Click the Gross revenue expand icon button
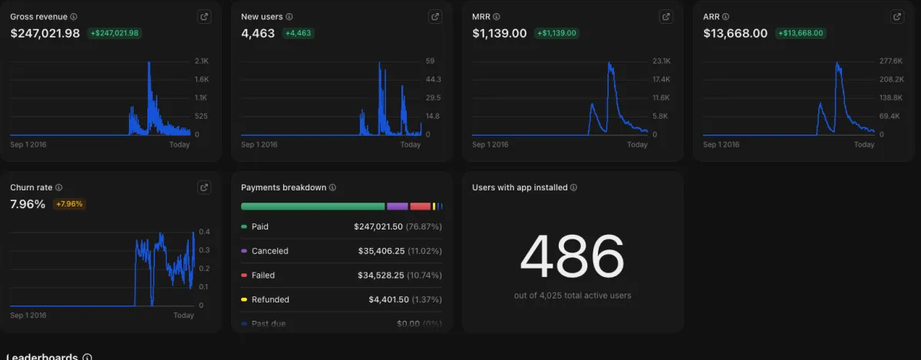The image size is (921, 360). (x=204, y=17)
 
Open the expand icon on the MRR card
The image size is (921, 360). (x=666, y=17)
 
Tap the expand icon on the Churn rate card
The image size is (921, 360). (x=204, y=187)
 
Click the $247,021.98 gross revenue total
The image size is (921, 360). (x=45, y=33)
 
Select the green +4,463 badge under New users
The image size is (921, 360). (x=299, y=33)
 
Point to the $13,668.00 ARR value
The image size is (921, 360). (x=735, y=33)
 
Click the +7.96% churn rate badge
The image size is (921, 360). (x=69, y=204)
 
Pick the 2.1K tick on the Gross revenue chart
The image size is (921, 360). (x=201, y=61)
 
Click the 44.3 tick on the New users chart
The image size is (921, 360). (x=433, y=80)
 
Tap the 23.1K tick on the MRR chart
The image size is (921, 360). (x=662, y=61)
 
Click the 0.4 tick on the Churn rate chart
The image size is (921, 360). (x=204, y=232)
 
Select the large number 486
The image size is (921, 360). (x=572, y=256)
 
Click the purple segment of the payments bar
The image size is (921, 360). (x=397, y=206)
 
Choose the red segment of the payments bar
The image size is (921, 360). (x=420, y=206)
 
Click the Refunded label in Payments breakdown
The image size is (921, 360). (x=270, y=299)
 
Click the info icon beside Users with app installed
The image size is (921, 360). (x=574, y=187)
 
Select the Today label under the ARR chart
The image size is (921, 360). (x=864, y=144)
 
